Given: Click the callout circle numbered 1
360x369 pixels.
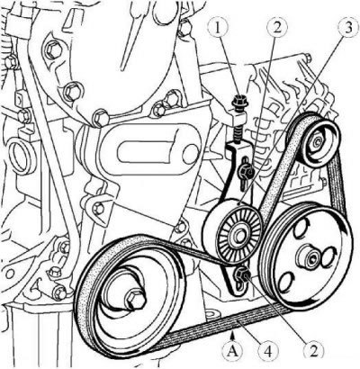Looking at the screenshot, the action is (x=219, y=28).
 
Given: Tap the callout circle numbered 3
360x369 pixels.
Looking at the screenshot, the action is (x=348, y=28).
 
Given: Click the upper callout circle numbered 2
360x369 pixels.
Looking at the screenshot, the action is (x=276, y=28).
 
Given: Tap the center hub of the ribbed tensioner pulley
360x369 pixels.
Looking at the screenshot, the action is (x=240, y=234).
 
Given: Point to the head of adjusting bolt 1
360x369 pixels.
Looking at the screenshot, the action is (x=239, y=102).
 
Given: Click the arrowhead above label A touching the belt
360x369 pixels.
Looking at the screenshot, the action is (x=233, y=333).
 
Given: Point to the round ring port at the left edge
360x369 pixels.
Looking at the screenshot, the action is (x=21, y=155).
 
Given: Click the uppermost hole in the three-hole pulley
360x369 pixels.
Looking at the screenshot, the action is (x=302, y=227).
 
